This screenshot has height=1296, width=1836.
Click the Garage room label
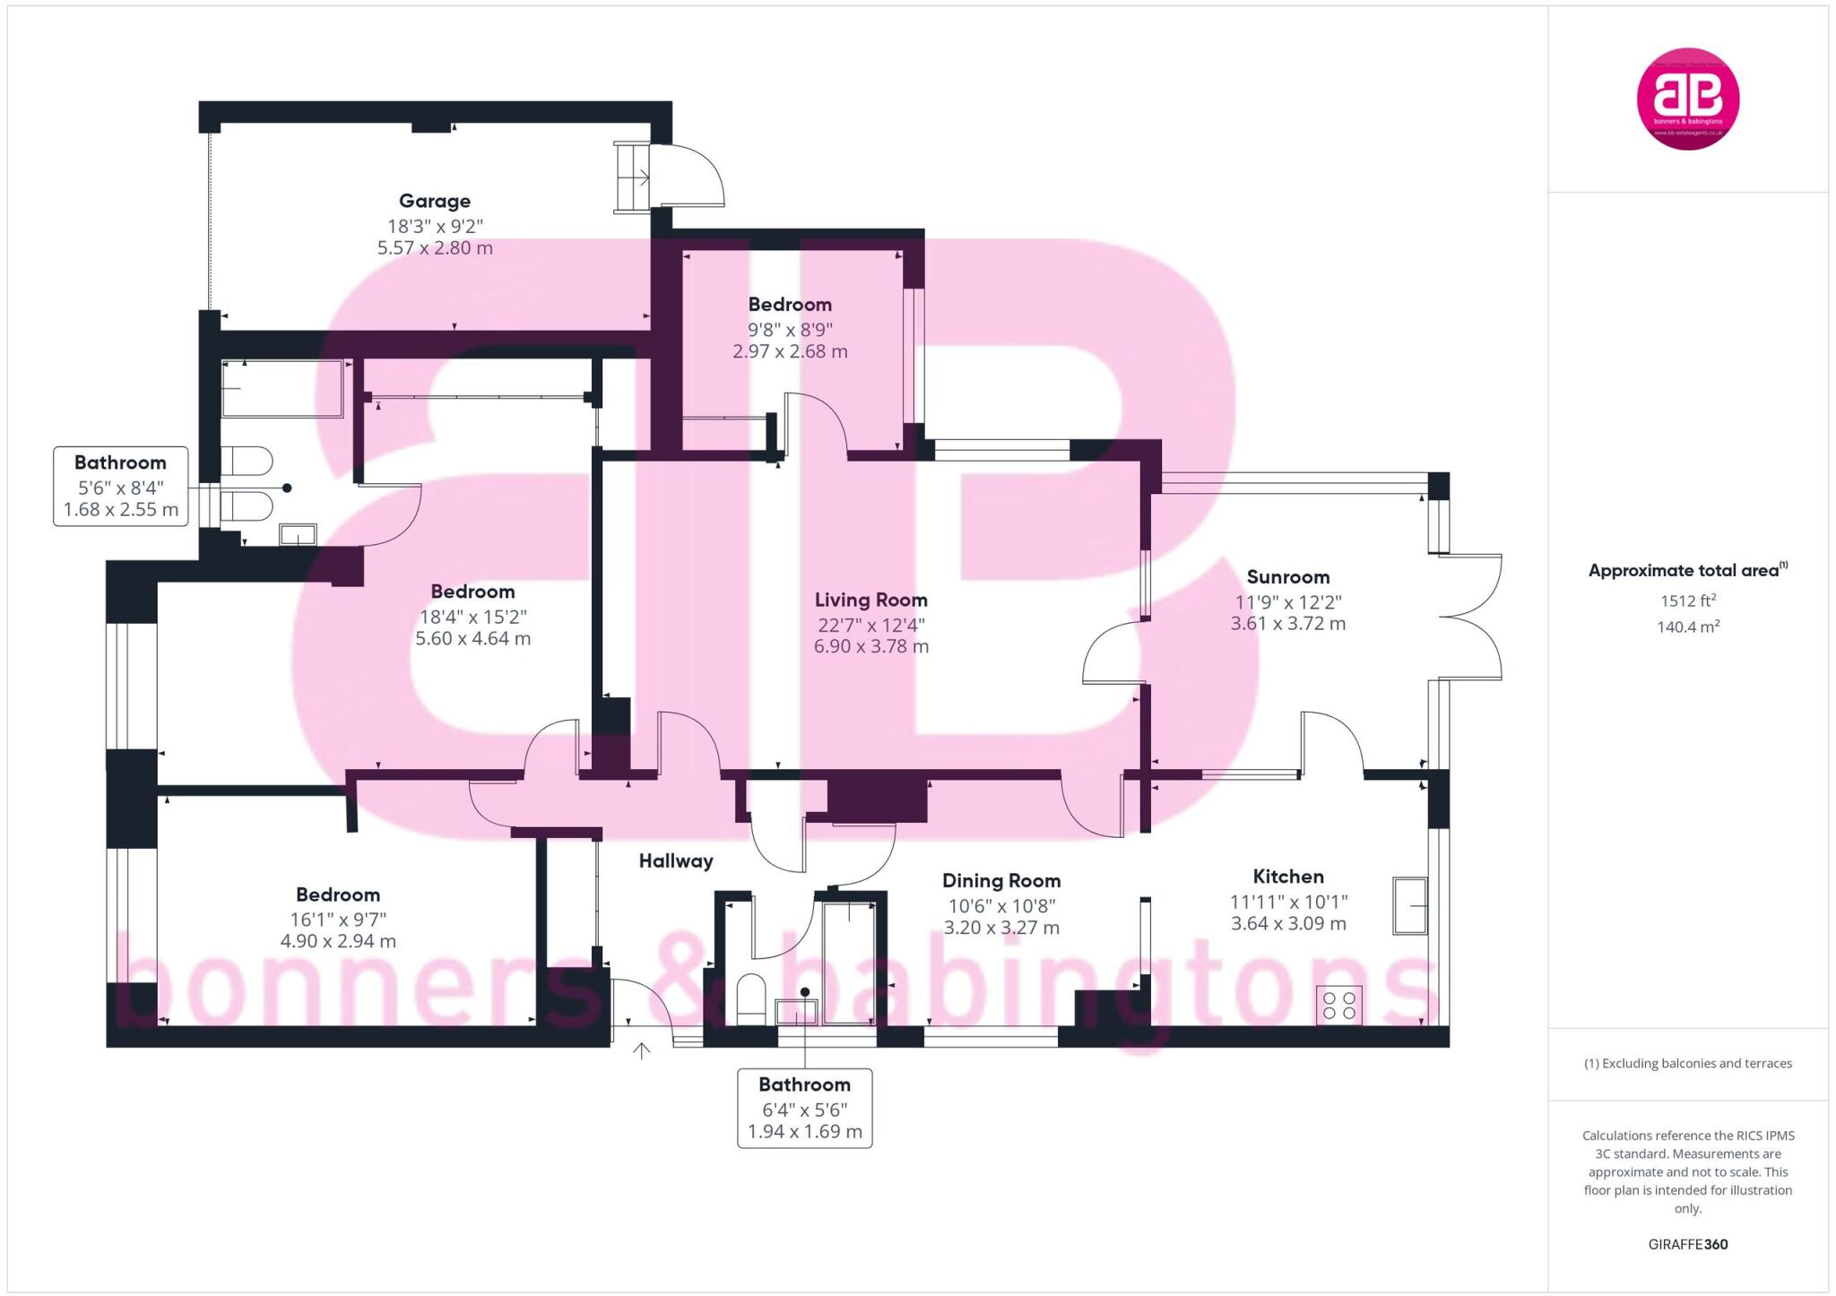pyautogui.click(x=435, y=201)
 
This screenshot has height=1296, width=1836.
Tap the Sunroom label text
pyautogui.click(x=1287, y=576)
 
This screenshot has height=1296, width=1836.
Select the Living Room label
pyautogui.click(x=870, y=600)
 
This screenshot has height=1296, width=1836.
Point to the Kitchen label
pyautogui.click(x=1288, y=877)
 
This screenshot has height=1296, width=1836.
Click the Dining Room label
pyautogui.click(x=1001, y=881)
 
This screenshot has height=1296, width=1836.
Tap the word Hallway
pyautogui.click(x=676, y=861)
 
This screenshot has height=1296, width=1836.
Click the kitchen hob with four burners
pyautogui.click(x=1339, y=1005)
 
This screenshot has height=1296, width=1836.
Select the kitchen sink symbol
pyautogui.click(x=1410, y=905)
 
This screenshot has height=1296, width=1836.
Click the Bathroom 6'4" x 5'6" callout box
pyautogui.click(x=804, y=1108)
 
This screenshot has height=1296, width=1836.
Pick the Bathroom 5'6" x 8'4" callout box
pyautogui.click(x=121, y=486)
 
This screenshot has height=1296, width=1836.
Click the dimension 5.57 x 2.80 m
pyautogui.click(x=435, y=248)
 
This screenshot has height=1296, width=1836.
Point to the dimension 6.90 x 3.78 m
pyautogui.click(x=870, y=646)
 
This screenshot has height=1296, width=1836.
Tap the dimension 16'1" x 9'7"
pyautogui.click(x=338, y=919)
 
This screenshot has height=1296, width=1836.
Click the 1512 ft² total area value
pyautogui.click(x=1688, y=601)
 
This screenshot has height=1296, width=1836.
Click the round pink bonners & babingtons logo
pyautogui.click(x=1688, y=99)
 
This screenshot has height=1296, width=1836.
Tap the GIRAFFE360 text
pyautogui.click(x=1688, y=1244)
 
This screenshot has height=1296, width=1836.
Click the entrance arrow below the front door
pyautogui.click(x=642, y=1050)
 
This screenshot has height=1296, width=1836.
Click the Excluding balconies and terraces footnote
pyautogui.click(x=1688, y=1064)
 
